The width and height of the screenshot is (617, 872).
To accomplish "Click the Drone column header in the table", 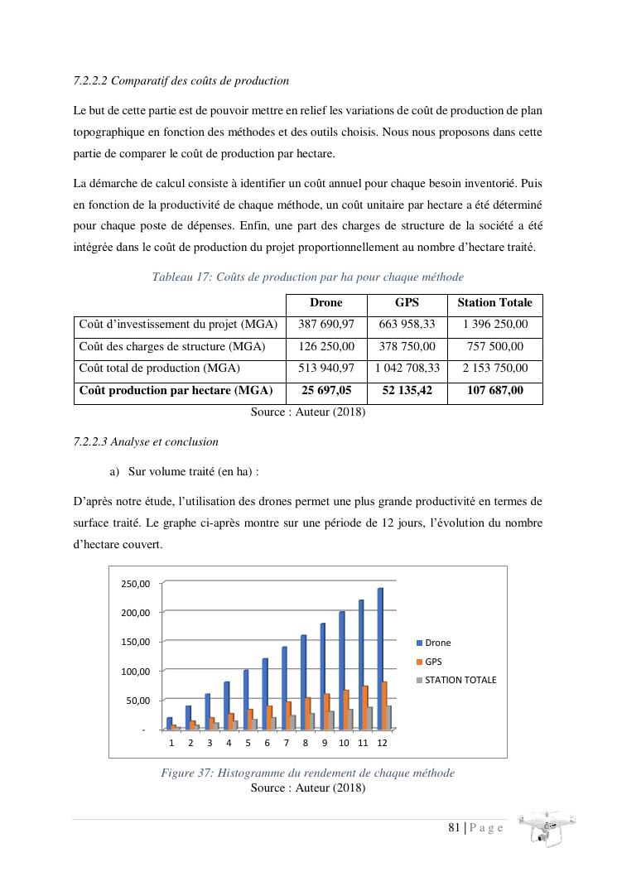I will pos(325,303).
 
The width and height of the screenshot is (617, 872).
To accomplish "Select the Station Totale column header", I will pos(494,303).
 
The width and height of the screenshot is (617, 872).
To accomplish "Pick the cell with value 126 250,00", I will pos(325,346).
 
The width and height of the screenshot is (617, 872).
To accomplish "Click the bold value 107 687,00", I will pos(494,390).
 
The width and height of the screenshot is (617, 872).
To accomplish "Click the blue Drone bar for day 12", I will pos(380,658).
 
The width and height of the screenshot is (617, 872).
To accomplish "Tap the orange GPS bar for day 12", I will pos(384,705).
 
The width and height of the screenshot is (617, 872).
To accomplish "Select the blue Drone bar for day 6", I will pos(265,693).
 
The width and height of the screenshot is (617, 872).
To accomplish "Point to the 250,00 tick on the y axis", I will pos(135,584).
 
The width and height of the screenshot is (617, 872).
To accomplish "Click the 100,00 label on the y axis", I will pos(135,671).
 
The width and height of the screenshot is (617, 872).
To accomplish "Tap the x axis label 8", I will pos(305,743).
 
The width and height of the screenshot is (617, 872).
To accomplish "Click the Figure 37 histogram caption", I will pos(307,773).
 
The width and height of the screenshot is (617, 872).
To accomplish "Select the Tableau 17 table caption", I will pos(307,277).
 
